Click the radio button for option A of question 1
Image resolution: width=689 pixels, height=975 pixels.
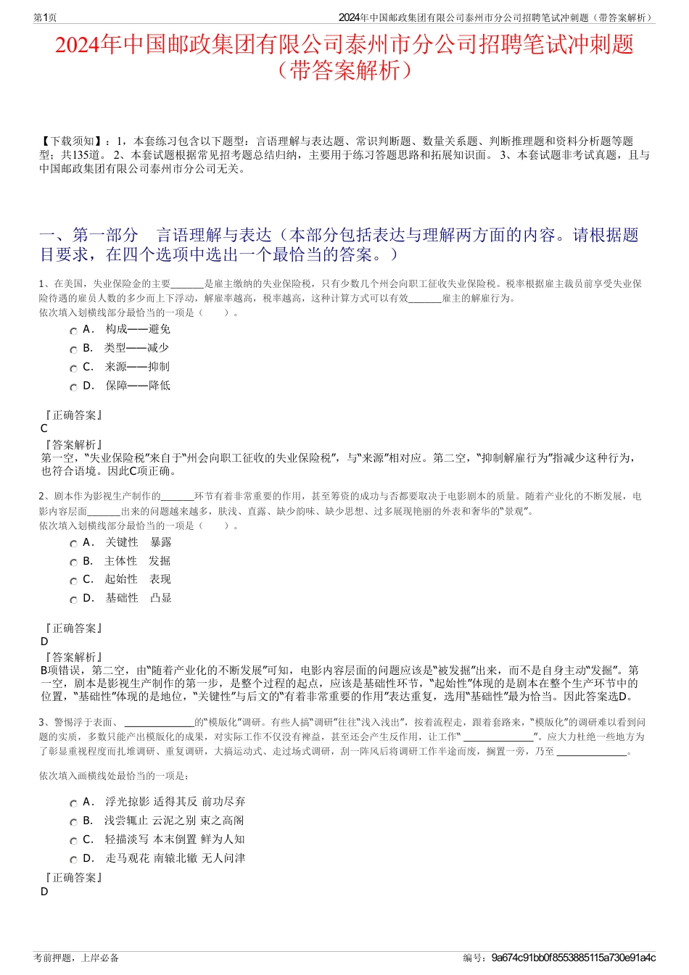74,331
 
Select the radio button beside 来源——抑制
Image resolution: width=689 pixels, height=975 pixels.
74,368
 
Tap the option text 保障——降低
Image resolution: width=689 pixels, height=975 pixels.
138,386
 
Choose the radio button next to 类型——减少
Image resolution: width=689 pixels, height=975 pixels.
74,349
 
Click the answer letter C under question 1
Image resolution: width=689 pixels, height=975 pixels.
44,428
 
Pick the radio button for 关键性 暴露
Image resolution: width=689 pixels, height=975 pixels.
74,544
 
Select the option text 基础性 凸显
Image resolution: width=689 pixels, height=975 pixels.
139,598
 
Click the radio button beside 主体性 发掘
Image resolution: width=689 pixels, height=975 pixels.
74,563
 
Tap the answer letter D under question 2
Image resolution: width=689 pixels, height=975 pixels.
44,642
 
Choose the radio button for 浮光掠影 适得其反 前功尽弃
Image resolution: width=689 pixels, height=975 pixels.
74,803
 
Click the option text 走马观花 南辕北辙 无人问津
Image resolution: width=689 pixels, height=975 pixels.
176,858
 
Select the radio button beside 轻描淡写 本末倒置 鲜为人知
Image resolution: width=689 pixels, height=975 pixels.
74,841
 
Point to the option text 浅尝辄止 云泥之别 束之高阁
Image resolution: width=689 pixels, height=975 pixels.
174,821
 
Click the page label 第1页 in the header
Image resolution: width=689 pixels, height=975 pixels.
46,17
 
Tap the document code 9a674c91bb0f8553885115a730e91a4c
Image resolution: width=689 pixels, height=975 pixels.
573,958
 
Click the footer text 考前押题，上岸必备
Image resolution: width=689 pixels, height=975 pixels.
76,958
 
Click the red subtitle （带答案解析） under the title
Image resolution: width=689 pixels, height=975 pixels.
344,71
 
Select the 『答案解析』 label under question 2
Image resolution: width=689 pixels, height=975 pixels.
73,657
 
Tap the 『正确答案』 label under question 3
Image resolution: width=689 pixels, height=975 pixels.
73,878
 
